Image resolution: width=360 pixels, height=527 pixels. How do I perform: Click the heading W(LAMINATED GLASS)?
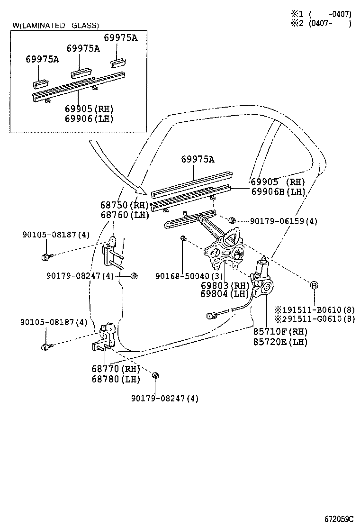[x=56, y=26]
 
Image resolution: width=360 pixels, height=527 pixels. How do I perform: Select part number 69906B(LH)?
[x=278, y=191]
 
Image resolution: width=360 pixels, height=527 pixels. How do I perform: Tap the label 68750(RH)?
[x=125, y=205]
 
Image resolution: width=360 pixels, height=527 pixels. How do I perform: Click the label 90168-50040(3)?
[x=188, y=275]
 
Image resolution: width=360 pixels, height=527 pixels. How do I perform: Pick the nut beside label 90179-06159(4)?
[x=232, y=221]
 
